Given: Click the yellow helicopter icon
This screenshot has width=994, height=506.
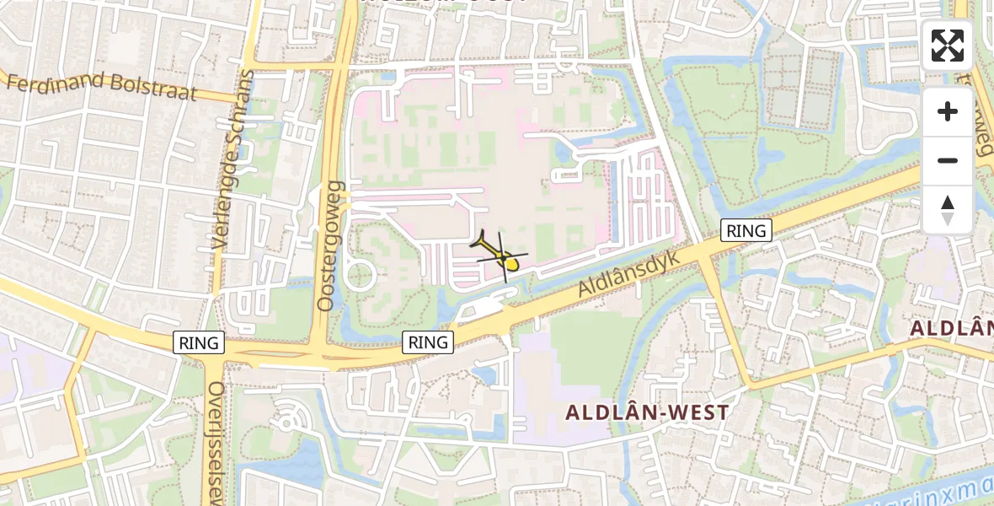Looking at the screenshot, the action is [503, 256].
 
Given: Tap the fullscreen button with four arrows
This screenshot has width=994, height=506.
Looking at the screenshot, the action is [948, 46].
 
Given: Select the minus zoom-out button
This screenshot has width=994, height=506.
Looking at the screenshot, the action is [948, 160].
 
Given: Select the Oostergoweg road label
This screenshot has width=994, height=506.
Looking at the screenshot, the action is [330, 245].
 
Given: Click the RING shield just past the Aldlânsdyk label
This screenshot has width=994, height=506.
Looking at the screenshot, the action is [746, 230].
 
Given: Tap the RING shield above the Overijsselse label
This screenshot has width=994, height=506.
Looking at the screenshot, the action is [200, 342].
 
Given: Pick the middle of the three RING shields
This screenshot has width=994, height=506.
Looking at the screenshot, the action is [429, 342].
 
